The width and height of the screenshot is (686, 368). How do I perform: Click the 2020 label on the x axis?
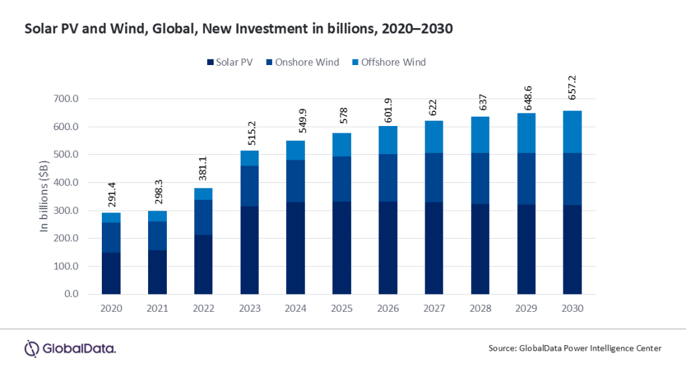click(x=111, y=308)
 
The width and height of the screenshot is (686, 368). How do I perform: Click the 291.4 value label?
click(x=111, y=194)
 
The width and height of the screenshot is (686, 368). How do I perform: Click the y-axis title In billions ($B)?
click(x=46, y=196)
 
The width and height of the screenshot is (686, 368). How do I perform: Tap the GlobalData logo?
click(x=70, y=348)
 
